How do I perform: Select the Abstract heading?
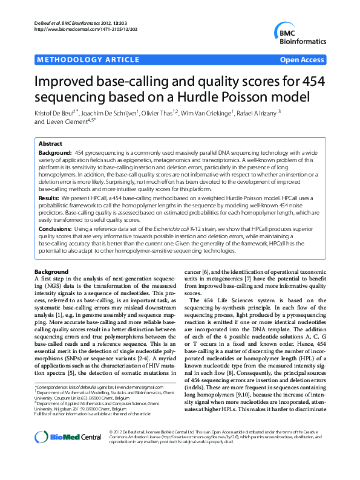(50, 144)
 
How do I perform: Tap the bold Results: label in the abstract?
(49, 198)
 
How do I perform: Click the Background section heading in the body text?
(51, 271)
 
